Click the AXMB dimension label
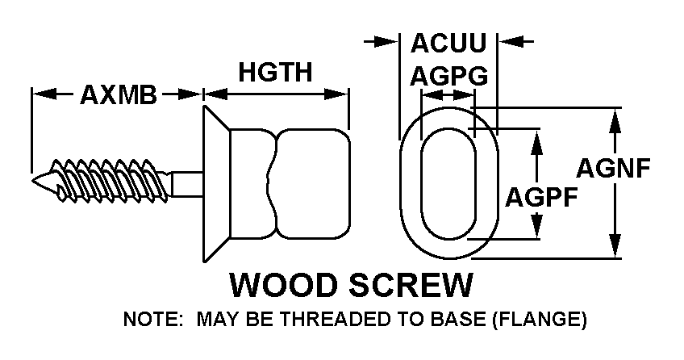pos(119,94)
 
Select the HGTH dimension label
pos(275,72)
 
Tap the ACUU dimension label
pos(448,42)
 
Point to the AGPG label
pos(448,76)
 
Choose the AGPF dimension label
pos(541,197)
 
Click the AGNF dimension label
pos(613,168)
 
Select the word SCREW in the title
pos(411,285)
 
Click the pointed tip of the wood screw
pos(32,181)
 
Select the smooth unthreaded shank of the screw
pos(186,184)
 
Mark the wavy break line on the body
pos(274,184)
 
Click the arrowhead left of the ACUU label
pos(387,42)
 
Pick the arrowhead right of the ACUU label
pos(510,42)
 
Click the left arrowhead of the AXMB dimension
pos(44,94)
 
